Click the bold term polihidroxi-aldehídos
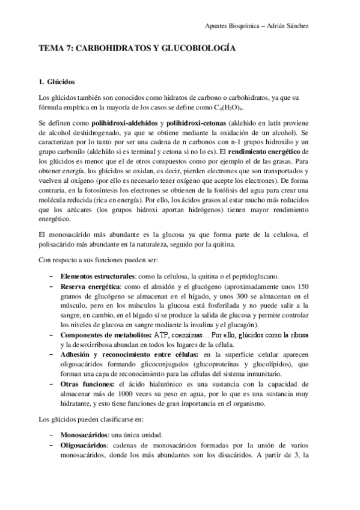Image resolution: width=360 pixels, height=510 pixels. [117, 123]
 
